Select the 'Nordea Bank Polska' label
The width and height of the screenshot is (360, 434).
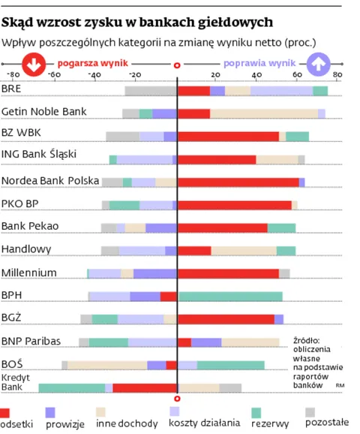pyautogui.click(x=50, y=180)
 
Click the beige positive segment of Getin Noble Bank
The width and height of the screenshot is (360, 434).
pyautogui.click(x=263, y=113)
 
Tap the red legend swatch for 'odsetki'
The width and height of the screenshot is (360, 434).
pyautogui.click(x=5, y=411)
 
